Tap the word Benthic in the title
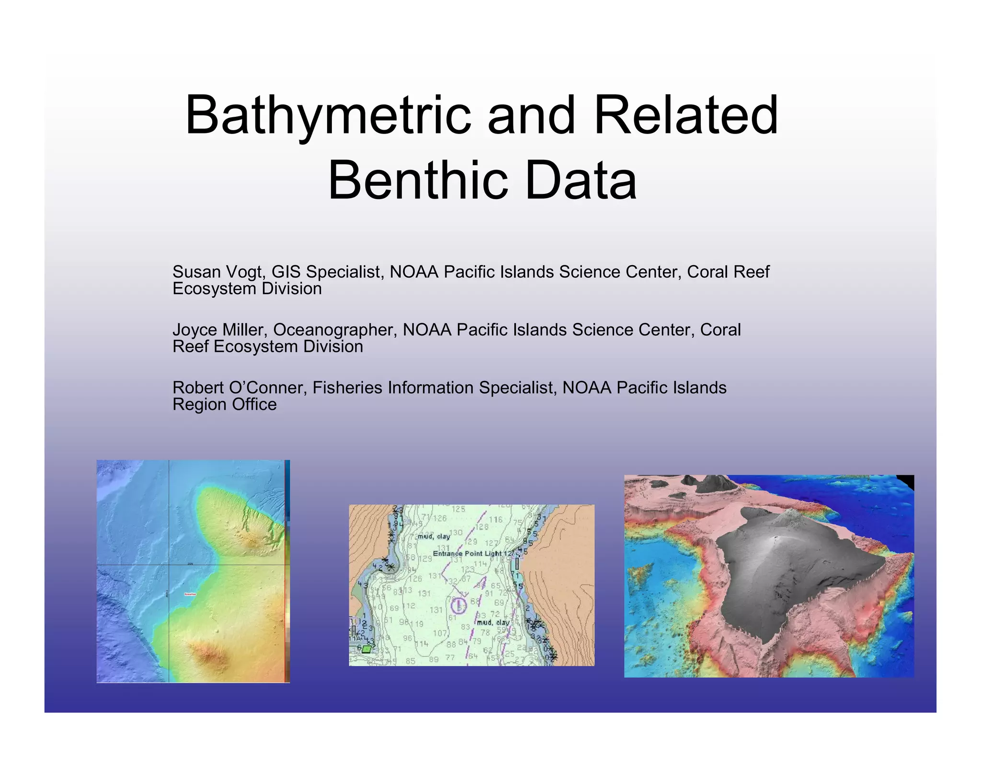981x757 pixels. (x=417, y=181)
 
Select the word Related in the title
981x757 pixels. (x=686, y=116)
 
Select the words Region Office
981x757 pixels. (x=224, y=405)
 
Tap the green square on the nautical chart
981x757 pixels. (x=366, y=649)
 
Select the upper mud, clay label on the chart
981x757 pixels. (x=433, y=536)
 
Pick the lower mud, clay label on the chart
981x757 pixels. (x=493, y=623)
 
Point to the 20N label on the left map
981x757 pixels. (x=190, y=564)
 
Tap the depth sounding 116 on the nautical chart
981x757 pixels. (x=495, y=519)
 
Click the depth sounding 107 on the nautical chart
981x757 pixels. (x=440, y=633)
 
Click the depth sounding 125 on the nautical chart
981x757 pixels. (x=458, y=509)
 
